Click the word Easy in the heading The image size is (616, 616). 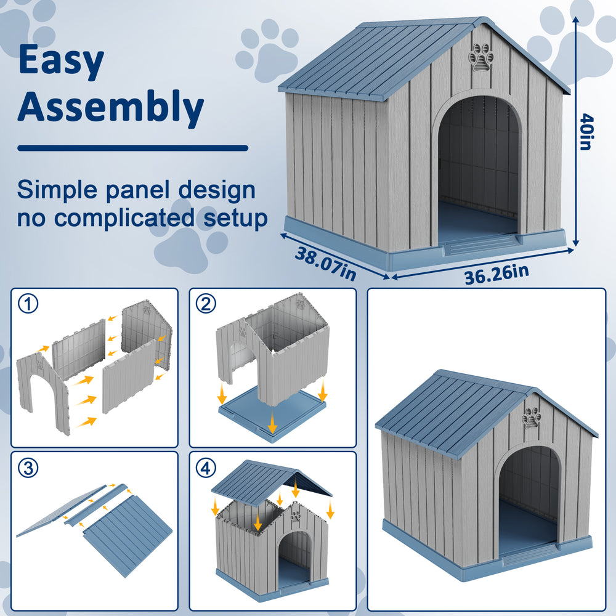pyautogui.click(x=61, y=60)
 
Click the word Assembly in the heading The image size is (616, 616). pyautogui.click(x=111, y=107)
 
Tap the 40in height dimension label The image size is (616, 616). pyautogui.click(x=586, y=132)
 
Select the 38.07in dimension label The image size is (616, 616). pyautogui.click(x=325, y=264)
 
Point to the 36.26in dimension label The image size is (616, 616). pyautogui.click(x=496, y=274)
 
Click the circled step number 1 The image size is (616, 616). pyautogui.click(x=28, y=304)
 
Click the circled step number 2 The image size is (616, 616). pyautogui.click(x=206, y=304)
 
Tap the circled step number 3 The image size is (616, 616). pyautogui.click(x=28, y=468)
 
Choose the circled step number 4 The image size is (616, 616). pyautogui.click(x=206, y=468)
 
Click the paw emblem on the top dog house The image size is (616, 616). pyautogui.click(x=481, y=57)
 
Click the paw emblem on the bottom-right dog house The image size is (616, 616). pyautogui.click(x=532, y=418)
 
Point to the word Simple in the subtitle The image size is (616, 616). pyautogui.click(x=57, y=190)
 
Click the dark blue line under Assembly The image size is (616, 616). pyautogui.click(x=133, y=148)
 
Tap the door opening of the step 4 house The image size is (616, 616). pyautogui.click(x=294, y=560)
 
